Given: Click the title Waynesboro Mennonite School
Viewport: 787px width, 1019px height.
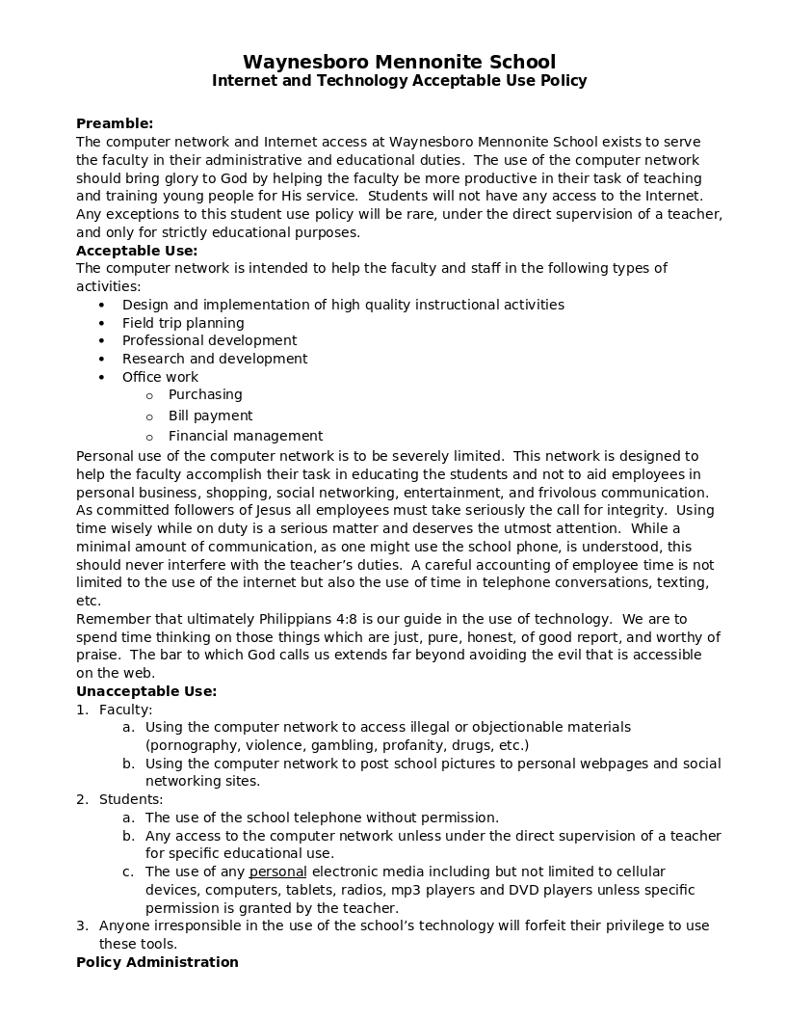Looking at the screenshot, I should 399,63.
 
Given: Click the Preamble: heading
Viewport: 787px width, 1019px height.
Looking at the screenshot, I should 115,123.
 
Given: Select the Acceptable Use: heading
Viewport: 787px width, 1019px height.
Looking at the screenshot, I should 137,251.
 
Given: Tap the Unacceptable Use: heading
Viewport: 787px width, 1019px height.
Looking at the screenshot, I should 146,691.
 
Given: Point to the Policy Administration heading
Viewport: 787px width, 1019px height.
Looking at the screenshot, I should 157,962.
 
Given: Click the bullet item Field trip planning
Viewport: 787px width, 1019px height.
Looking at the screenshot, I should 183,323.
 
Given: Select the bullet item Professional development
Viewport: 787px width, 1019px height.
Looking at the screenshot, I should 209,340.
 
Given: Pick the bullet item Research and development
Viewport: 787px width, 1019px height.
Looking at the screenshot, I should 215,359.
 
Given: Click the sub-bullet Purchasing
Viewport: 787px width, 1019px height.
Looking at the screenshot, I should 205,394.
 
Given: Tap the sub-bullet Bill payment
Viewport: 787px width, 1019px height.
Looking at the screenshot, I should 210,416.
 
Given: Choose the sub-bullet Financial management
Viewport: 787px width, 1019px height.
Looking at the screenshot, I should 246,436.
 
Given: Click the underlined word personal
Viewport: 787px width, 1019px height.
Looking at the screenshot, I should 277,872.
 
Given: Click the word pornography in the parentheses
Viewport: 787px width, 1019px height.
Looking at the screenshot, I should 192,745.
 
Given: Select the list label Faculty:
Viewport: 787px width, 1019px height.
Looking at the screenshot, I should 125,710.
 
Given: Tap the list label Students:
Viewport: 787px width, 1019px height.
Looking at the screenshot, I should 131,799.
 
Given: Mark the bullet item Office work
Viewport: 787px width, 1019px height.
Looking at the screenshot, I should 160,377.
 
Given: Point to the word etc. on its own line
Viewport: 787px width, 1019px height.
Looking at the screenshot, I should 89,601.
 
